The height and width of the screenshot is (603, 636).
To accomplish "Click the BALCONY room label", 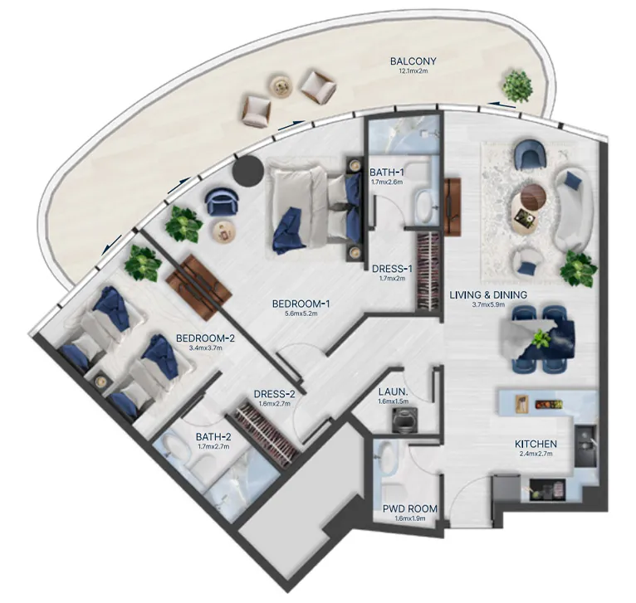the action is point(413,61).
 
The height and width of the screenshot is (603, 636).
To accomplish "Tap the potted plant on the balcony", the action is point(516,86).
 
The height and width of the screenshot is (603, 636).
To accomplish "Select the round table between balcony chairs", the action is point(281,86).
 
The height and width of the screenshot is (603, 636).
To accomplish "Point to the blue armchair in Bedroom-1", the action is point(222,202).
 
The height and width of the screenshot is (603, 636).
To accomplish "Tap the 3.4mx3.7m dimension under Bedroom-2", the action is point(206,348).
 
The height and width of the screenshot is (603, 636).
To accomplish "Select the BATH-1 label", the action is point(387,173).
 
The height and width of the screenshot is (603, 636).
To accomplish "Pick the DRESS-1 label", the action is point(392,269).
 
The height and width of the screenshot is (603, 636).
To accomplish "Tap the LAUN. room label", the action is point(393,391).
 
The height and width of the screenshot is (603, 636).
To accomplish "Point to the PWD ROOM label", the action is point(410,508).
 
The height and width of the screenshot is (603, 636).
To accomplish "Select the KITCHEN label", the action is point(536,444).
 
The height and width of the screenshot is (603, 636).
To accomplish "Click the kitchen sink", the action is point(585,445).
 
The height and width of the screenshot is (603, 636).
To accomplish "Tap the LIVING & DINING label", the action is point(488,294).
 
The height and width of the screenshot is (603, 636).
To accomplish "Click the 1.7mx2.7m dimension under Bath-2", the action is point(213,446).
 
